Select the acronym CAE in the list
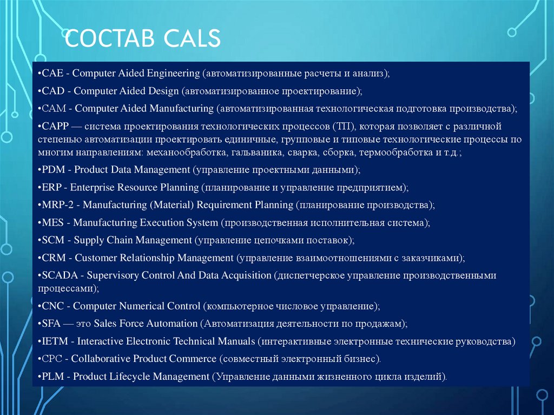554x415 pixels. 54,73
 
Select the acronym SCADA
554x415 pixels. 61,275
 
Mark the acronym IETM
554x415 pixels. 55,341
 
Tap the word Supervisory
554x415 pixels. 113,275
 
